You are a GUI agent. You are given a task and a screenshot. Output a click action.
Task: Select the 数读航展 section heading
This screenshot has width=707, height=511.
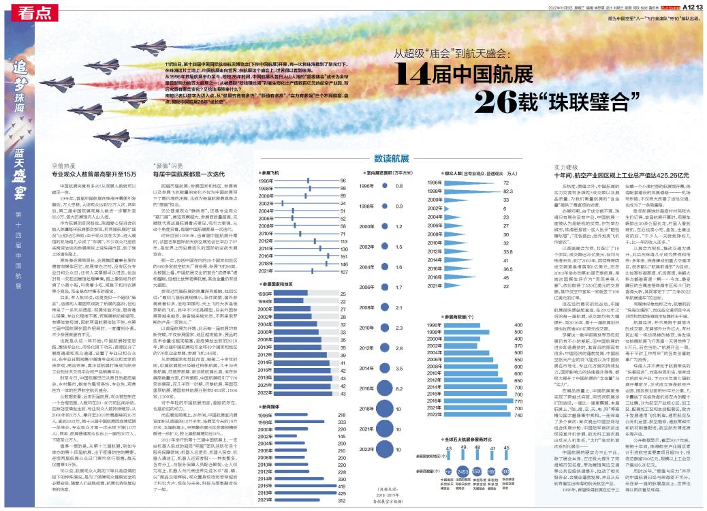pyautogui.click(x=392, y=156)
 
